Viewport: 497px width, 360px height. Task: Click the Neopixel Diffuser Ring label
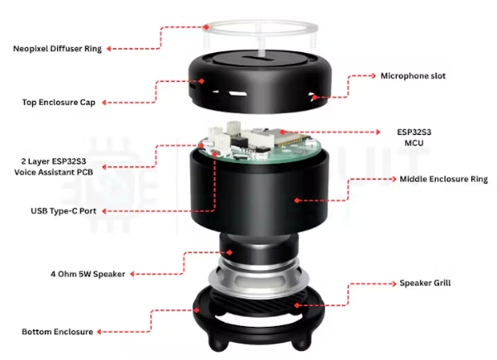57,49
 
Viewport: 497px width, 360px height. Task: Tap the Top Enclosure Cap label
59,103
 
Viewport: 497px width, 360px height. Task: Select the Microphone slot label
413,76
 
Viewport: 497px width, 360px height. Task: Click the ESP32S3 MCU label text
414,137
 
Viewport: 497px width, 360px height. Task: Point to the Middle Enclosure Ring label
443,180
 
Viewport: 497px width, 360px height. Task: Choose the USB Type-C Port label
64,211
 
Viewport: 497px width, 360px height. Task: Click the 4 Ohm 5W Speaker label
88,274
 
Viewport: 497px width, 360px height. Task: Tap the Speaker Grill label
425,283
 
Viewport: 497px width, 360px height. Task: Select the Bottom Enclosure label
57,332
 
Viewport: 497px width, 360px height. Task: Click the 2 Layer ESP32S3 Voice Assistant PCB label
54,167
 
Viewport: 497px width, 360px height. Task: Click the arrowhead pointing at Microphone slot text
373,76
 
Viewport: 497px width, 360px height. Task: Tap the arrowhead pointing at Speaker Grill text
394,284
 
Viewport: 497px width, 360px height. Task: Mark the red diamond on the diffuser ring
207,27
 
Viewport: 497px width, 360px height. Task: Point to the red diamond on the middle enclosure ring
297,200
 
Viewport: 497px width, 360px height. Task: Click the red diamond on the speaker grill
297,305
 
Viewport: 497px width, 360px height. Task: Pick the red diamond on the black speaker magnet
230,252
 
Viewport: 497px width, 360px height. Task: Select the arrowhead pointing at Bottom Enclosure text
100,332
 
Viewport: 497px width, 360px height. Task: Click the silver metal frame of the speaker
258,279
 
